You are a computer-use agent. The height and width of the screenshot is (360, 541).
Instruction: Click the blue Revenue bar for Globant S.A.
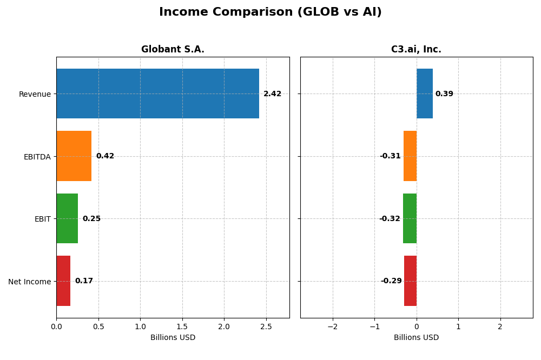(157, 94)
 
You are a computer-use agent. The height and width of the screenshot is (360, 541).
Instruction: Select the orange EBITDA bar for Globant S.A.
(74, 156)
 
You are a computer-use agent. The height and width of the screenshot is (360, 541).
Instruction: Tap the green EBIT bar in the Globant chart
(67, 218)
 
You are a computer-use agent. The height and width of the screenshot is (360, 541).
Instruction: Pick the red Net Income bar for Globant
(63, 281)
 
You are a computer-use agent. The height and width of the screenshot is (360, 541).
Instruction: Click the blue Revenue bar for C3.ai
(425, 94)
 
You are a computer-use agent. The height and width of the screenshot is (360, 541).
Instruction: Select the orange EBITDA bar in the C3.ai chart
(410, 156)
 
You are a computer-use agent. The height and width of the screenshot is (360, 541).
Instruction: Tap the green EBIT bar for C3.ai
(410, 218)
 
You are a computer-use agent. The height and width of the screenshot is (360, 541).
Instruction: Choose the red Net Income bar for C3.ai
(410, 281)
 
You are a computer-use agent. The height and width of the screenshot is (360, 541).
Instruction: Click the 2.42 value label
(272, 94)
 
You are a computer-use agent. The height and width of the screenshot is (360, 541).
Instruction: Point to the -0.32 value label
(390, 219)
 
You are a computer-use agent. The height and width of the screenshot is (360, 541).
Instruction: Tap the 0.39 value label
(444, 94)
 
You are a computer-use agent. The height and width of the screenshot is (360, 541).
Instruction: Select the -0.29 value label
(391, 281)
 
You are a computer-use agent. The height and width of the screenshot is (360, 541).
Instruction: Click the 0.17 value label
(84, 281)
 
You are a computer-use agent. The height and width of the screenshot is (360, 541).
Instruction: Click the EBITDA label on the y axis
(37, 157)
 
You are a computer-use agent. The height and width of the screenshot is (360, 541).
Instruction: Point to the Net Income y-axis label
(29, 282)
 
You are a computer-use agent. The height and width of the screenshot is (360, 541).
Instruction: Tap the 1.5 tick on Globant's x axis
(182, 326)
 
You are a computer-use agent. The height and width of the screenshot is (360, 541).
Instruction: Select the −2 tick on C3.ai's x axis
(332, 326)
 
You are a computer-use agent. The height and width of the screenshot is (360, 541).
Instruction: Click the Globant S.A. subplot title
(173, 50)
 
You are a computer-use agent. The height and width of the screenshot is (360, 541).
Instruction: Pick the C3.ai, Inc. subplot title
(416, 50)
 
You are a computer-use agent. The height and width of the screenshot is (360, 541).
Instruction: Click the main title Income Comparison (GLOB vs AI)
(270, 12)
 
